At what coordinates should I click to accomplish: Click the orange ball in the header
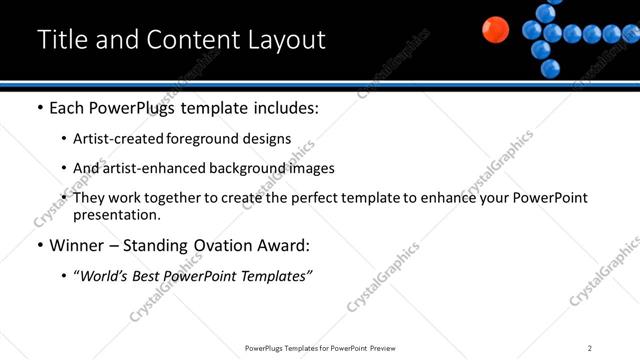point(495,30)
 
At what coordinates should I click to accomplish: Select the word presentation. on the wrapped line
point(116,215)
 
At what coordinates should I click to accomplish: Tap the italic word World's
point(106,275)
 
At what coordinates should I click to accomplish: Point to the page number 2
point(589,348)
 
